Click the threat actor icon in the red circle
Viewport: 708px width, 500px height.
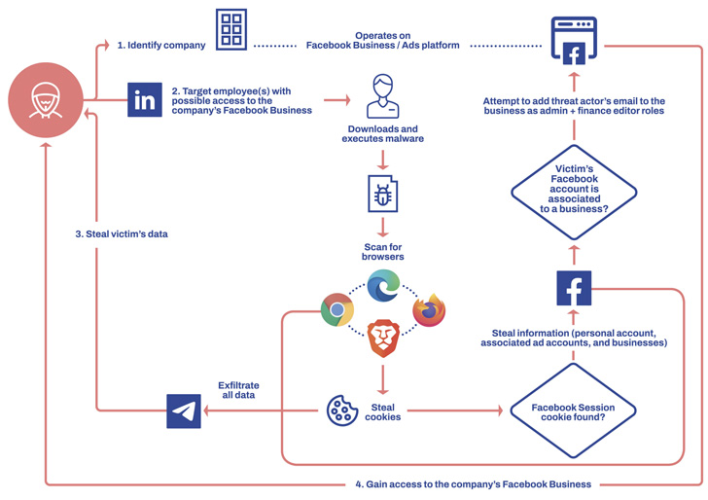click(46, 99)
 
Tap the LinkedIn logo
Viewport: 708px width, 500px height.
click(145, 99)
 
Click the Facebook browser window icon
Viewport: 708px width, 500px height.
click(574, 39)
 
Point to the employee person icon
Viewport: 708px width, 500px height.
click(382, 96)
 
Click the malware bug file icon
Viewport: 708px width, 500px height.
click(382, 193)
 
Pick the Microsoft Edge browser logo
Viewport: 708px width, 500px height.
click(383, 286)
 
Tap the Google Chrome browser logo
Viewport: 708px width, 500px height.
click(337, 310)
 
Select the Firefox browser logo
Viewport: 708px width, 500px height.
click(429, 310)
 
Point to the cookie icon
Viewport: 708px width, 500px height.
click(342, 411)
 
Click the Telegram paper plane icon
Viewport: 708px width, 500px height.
click(184, 411)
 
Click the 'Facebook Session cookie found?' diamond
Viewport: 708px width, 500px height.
click(574, 411)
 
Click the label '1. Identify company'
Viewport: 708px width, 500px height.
click(161, 45)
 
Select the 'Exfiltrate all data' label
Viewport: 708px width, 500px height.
click(238, 390)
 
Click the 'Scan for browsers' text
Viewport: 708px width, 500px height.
click(383, 252)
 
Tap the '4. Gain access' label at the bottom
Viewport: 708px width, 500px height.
click(472, 483)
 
